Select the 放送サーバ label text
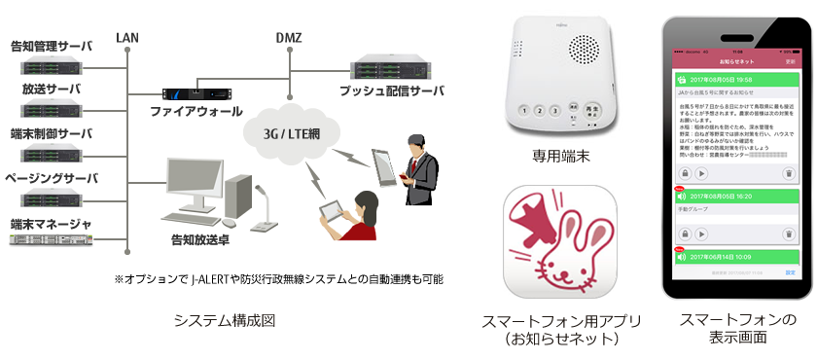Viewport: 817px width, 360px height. point(51,89)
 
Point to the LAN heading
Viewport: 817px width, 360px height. point(127,38)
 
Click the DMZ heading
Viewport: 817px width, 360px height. point(288,38)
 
